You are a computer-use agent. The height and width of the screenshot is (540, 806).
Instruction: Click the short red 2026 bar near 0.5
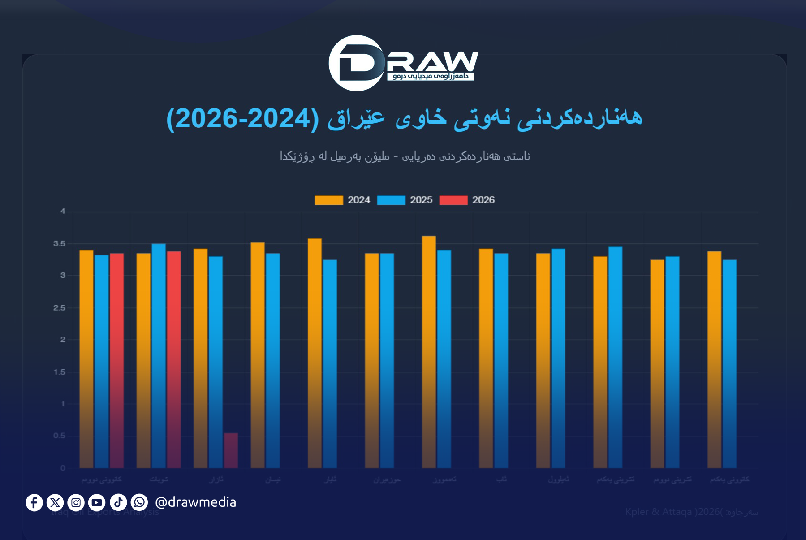231,450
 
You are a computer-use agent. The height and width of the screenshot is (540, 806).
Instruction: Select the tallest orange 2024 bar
429,352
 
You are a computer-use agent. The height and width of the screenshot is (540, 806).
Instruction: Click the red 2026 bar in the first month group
116,360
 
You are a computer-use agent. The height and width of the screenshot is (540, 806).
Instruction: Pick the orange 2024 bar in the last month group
714,359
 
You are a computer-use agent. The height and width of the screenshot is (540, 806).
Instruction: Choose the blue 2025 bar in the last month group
729,363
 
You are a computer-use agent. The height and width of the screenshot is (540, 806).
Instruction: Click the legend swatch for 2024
329,200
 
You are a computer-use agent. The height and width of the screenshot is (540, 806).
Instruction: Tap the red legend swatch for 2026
453,200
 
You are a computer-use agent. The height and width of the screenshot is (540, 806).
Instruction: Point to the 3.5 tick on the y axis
59,244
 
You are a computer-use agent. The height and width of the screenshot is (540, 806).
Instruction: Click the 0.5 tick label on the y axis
59,436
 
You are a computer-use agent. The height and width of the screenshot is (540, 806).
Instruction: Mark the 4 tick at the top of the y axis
63,211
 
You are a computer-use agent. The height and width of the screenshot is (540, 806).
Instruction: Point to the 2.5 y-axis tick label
59,308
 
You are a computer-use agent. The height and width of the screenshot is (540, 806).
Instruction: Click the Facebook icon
34,502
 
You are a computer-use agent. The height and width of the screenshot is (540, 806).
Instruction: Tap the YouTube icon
97,502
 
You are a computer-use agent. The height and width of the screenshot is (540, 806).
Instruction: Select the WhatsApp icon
139,502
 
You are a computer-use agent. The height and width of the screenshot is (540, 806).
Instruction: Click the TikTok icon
118,502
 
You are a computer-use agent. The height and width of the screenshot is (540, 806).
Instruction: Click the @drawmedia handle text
195,502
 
